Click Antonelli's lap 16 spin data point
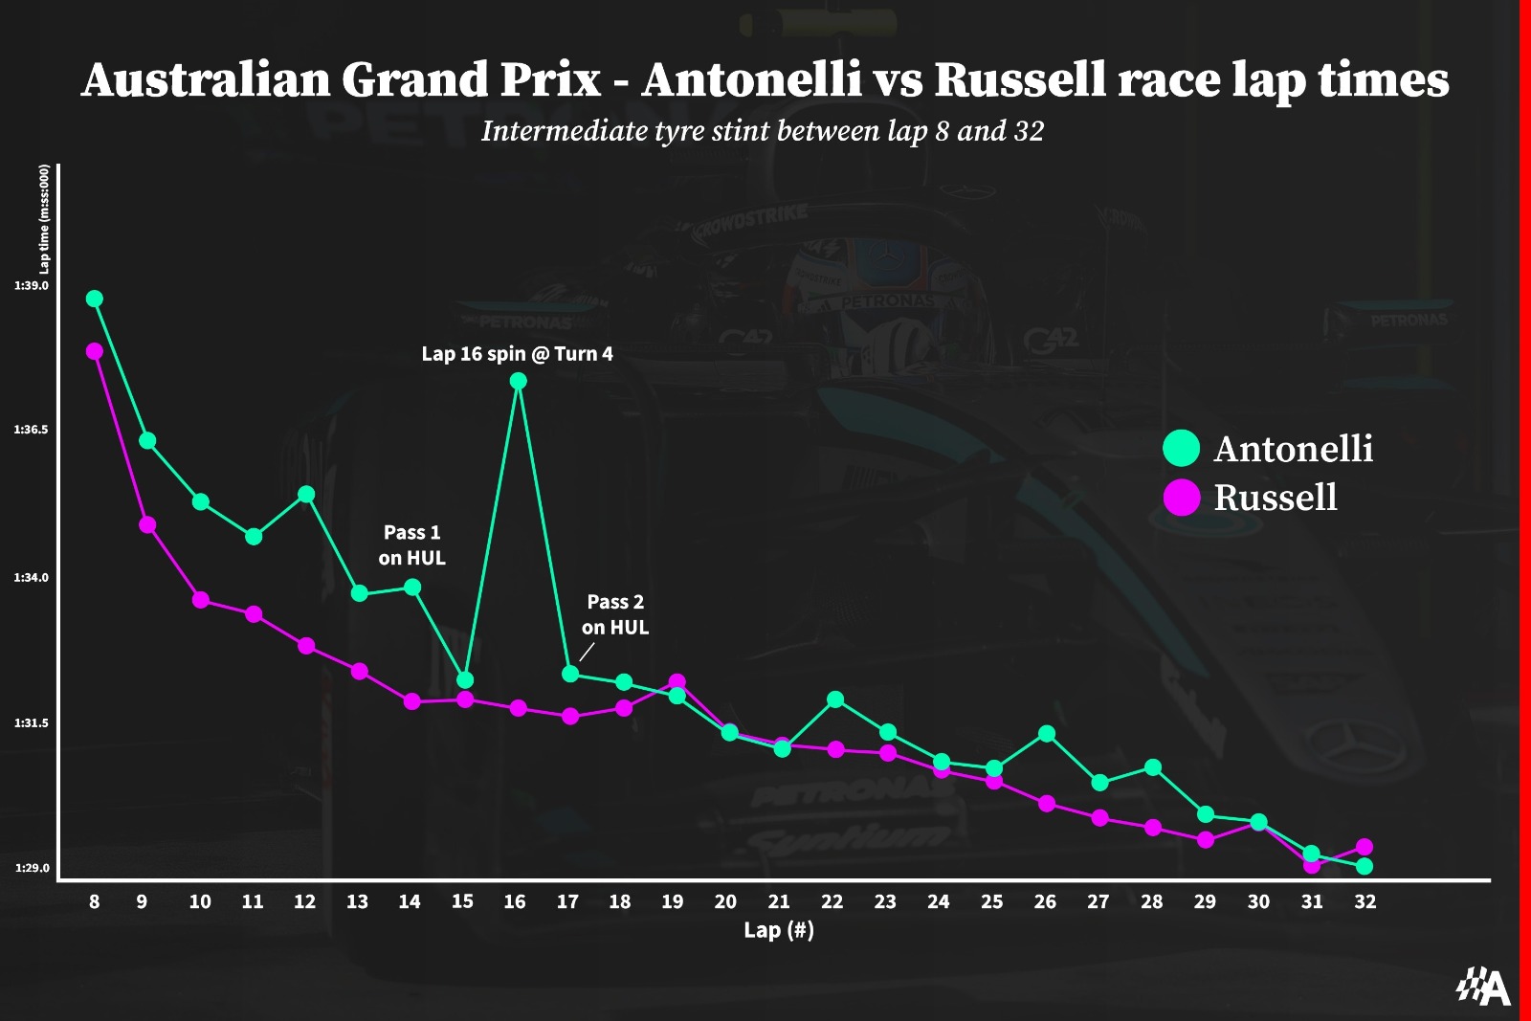point(518,381)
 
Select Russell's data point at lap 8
point(94,351)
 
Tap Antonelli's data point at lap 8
point(94,299)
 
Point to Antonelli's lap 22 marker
point(834,699)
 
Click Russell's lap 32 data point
point(1365,847)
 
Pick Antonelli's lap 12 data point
point(306,494)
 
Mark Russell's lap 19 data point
point(677,682)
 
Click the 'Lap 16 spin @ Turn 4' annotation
point(517,354)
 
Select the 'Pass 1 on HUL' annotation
point(411,544)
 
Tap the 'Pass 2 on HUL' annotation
point(615,614)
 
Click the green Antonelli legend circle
point(1181,448)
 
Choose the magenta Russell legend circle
point(1181,498)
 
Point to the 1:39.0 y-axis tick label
point(32,286)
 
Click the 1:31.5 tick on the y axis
point(32,723)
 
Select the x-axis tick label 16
point(515,901)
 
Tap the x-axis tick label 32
point(1365,901)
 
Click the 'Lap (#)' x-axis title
point(778,930)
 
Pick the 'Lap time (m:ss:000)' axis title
point(44,219)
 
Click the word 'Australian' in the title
point(205,79)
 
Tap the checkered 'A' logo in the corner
point(1483,987)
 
